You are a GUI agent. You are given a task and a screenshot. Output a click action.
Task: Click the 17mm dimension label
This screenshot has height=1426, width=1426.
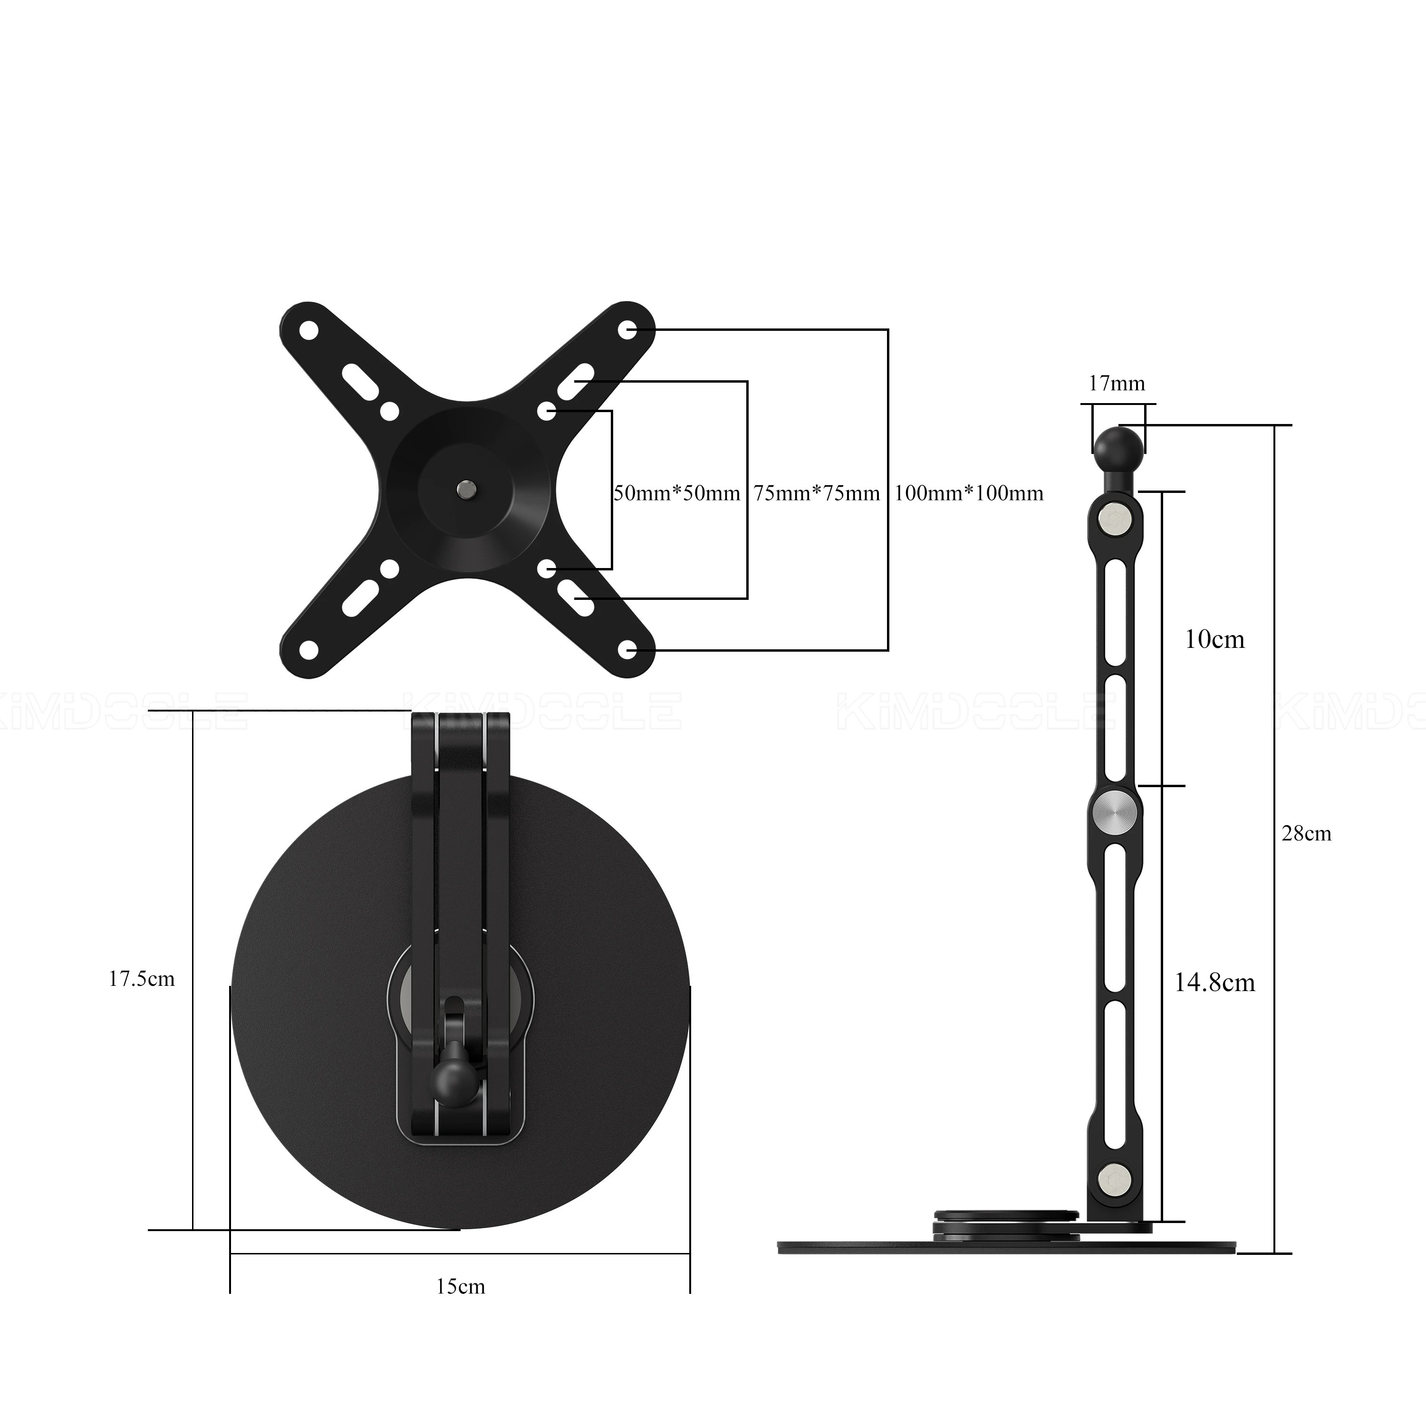pos(1117,384)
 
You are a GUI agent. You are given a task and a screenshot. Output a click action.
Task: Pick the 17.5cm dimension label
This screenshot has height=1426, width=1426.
pos(142,980)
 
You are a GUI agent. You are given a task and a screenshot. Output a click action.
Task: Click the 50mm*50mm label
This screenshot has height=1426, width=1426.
pos(677,493)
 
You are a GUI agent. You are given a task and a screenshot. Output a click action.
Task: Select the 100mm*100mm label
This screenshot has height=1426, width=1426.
pos(969,493)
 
